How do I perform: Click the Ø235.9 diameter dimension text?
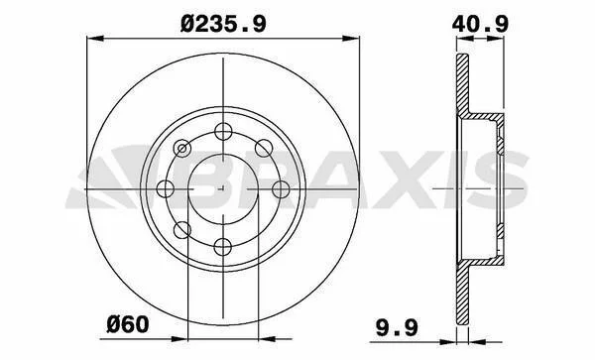coord(223,25)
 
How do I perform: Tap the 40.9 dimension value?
coord(480,25)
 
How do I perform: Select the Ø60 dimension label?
coord(128,324)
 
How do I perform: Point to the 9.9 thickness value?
coord(398,327)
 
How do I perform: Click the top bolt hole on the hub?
coord(223,131)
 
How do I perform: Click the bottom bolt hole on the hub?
coord(223,247)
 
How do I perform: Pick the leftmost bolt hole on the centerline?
coord(166,188)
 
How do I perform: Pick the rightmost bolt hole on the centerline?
coord(281,188)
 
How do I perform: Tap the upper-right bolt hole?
coord(264,149)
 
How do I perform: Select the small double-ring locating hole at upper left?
coord(182,149)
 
